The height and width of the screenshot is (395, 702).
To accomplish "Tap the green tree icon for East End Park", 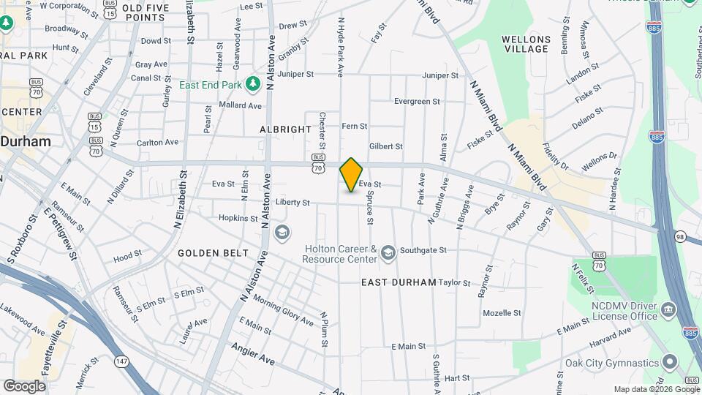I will coord(253,84).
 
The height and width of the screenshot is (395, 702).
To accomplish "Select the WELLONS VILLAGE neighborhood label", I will coord(526,44).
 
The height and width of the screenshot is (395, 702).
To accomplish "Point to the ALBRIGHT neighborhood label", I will coord(285,129).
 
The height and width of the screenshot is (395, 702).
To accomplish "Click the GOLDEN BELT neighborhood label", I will coord(208,253).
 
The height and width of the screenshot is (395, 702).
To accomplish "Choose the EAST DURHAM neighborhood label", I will coord(399,282).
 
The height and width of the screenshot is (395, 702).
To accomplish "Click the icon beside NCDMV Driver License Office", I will coord(668,310).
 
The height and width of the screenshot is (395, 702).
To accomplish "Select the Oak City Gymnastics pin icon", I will coord(670,363).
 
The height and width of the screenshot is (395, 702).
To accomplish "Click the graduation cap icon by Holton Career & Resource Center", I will coord(388,254).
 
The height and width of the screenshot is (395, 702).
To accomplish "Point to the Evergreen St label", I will coord(417,102).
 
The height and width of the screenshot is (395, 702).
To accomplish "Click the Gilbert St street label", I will coord(385,146).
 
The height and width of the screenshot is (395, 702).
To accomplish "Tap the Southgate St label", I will coord(423,250).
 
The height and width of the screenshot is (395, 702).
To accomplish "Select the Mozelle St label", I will coord(502,313).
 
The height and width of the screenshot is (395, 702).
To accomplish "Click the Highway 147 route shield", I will coord(121,361).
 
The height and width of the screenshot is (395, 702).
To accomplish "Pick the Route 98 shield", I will coord(679,237).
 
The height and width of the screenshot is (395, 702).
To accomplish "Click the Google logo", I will coord(24,385).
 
